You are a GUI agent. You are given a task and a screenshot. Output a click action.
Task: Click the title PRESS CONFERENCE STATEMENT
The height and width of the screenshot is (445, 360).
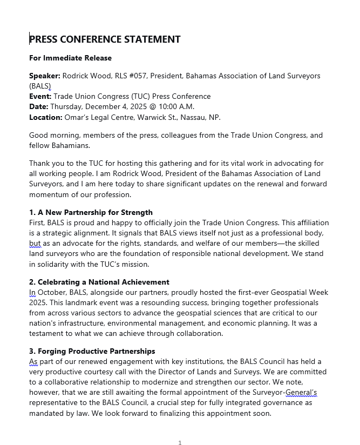pos(105,39)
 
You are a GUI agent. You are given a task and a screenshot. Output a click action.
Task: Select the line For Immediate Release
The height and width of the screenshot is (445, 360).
pos(70,58)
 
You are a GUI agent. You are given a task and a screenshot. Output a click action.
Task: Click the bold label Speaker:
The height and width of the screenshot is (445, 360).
pos(45,76)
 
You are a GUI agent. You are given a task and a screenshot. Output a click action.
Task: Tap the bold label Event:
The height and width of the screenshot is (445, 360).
pos(40,97)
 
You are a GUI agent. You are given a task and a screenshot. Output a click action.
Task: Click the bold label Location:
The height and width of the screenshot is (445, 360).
pos(46,117)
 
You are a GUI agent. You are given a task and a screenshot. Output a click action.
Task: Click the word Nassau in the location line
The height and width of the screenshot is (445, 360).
pos(188,117)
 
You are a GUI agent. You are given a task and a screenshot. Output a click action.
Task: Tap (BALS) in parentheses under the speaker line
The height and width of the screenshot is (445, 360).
pos(40,86)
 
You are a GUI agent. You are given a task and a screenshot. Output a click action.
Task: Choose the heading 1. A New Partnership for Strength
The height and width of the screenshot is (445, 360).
pos(91,212)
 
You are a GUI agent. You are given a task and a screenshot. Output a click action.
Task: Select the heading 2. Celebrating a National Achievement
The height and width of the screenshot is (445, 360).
pos(99,282)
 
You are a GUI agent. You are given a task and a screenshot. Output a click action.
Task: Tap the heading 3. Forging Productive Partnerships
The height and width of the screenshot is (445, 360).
pos(92,351)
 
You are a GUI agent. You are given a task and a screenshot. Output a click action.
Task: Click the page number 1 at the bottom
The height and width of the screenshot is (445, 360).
pos(180,443)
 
